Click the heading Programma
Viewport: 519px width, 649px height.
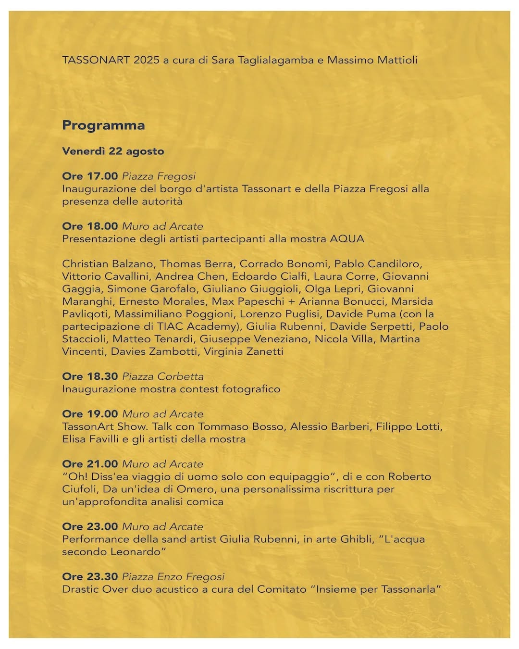point(103,125)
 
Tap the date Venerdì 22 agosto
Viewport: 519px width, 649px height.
point(113,151)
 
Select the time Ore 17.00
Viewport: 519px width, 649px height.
point(90,176)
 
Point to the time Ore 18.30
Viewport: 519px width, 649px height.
point(90,376)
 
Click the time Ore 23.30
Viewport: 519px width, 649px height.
point(90,576)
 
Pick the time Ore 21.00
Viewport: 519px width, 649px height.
point(90,464)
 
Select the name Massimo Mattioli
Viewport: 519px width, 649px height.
point(372,60)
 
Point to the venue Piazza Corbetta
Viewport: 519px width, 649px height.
point(163,376)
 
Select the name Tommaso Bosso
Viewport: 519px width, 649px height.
point(241,426)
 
